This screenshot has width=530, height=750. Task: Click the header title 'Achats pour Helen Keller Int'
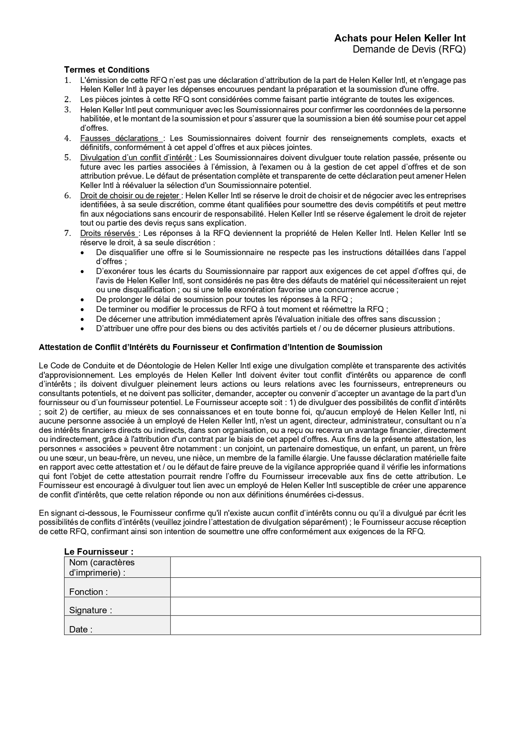coord(400,38)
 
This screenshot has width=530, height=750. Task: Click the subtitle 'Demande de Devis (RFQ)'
coord(409,49)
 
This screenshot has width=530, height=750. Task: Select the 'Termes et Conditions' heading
coord(107,70)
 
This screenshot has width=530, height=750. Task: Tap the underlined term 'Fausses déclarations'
coord(120,138)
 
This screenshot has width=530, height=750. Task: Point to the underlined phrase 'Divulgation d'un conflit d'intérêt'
coord(136,158)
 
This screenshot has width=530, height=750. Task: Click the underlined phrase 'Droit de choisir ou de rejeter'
coord(130,195)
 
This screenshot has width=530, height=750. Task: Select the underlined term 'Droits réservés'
coord(108,233)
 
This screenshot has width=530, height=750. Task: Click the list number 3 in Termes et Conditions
coord(67,109)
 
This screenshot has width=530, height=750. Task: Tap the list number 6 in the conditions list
coord(67,195)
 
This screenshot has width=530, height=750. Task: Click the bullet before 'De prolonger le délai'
coord(82,300)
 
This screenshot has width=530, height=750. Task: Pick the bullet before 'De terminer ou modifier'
coord(82,309)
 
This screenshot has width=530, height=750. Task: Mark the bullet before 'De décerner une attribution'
coord(82,319)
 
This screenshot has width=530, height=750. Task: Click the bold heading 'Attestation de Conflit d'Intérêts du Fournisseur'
coord(210,347)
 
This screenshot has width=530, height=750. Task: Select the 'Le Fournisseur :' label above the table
coord(99,552)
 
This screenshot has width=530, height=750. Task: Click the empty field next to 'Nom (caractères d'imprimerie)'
coord(325,567)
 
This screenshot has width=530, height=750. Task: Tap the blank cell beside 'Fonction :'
coord(325,587)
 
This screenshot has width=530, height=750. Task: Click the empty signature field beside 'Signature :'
coord(325,606)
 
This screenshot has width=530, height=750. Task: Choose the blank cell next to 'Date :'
coord(325,625)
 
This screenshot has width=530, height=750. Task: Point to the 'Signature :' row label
coord(91,610)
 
